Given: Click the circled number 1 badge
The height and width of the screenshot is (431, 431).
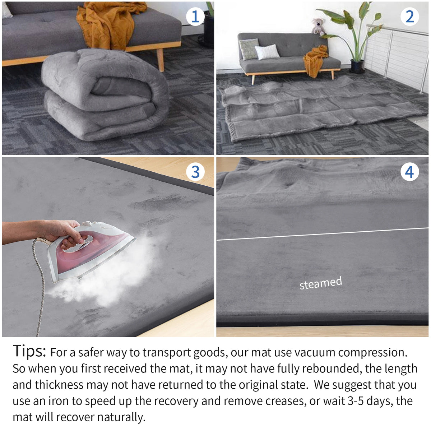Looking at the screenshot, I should click(x=195, y=17).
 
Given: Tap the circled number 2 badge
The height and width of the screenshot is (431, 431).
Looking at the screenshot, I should click(x=409, y=17).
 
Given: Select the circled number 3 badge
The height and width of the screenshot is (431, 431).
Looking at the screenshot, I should click(x=195, y=172).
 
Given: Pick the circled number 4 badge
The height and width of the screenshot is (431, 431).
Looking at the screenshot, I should click(x=409, y=172).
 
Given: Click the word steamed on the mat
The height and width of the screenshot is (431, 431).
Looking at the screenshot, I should click(x=320, y=283).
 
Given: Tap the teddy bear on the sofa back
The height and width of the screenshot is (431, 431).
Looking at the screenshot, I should click(x=318, y=27).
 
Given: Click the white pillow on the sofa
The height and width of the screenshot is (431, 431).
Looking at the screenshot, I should click(x=267, y=52).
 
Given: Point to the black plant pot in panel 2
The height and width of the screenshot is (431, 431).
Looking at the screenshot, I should click(x=357, y=66).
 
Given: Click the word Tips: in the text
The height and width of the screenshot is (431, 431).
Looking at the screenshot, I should click(x=29, y=351).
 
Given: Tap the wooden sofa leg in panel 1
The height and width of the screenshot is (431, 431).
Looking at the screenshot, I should click(x=160, y=59).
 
